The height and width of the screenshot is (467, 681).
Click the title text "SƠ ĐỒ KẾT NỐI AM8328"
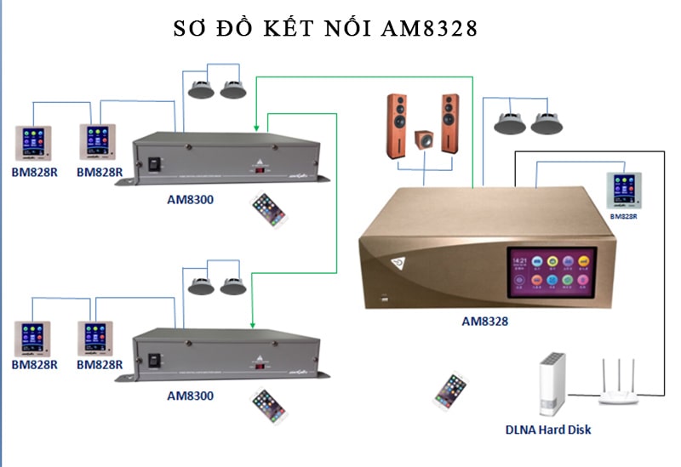325,28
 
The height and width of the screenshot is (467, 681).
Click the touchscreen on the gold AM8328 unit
549,271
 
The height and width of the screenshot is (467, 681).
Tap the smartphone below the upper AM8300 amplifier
266,207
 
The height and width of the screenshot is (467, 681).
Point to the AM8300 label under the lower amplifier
191,396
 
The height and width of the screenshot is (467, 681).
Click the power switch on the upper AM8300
155,166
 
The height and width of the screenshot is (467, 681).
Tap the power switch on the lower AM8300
155,361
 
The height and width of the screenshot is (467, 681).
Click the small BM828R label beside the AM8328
626,217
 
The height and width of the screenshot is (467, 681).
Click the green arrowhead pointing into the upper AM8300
255,128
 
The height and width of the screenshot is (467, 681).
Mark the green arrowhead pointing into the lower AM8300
254,324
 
